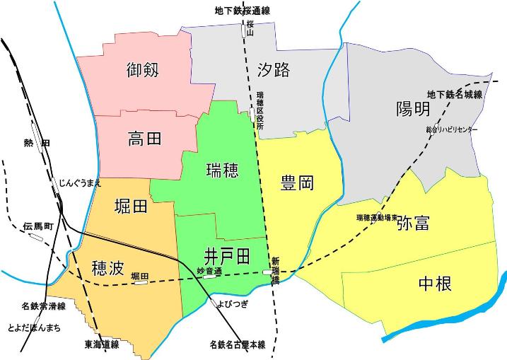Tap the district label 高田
point(145,138)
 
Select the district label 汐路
point(274,69)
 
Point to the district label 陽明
point(413,109)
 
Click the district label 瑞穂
point(222,170)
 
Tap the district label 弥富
point(413,224)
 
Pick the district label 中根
point(435,284)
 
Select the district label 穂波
point(108,267)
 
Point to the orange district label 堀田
point(131,207)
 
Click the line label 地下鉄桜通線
point(243,11)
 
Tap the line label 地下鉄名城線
point(455,94)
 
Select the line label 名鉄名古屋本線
point(237,345)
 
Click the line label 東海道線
point(96,345)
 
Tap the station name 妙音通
point(209,271)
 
